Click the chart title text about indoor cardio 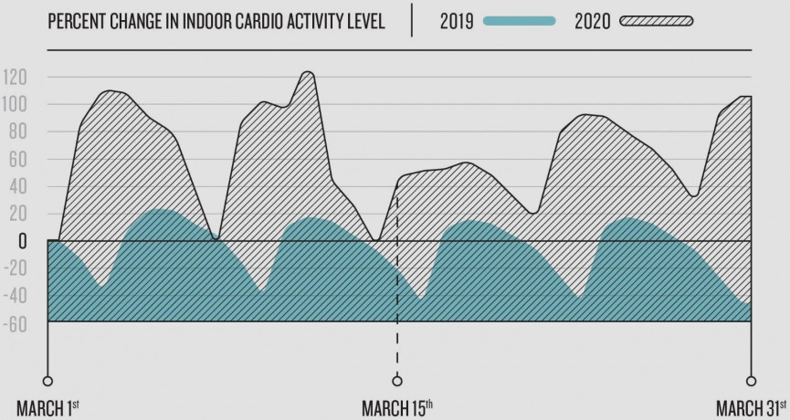(216, 21)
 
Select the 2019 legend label (456, 21)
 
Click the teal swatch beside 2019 (519, 21)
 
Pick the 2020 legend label (593, 21)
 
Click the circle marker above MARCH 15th (396, 381)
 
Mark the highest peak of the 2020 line (307, 72)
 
